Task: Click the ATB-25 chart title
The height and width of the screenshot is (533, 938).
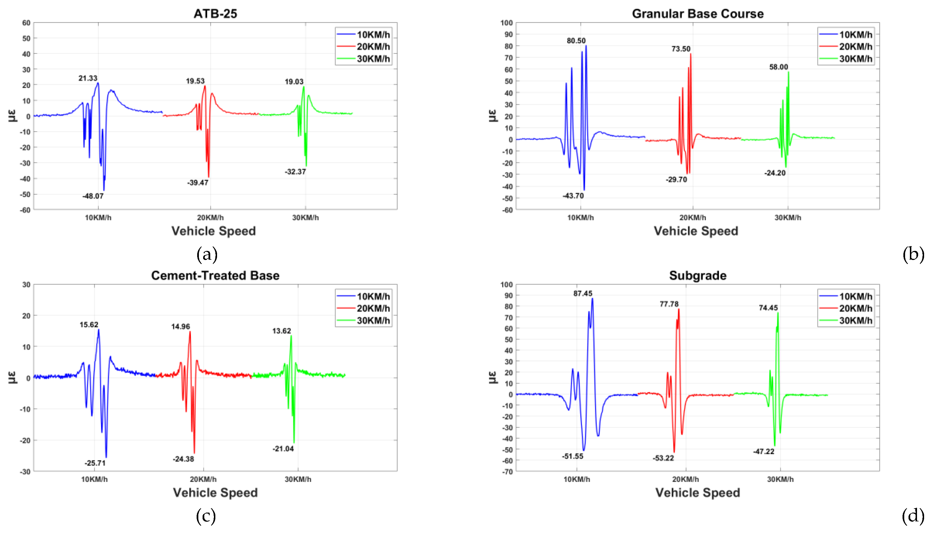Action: point(215,14)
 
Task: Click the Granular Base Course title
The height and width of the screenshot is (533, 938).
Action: point(697,14)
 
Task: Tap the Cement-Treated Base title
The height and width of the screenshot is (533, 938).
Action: point(215,275)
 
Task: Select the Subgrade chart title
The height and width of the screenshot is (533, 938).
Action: point(697,275)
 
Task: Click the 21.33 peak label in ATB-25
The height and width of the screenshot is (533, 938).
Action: point(88,78)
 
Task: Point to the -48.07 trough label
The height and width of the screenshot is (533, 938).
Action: point(93,196)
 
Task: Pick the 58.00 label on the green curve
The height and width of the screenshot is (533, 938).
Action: point(778,67)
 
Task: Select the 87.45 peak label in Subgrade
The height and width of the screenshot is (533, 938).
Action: point(582,294)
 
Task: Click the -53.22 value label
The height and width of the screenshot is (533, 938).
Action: point(663,458)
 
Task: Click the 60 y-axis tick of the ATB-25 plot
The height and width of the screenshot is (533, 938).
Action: point(26,23)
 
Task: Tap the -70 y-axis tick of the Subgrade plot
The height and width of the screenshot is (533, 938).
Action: point(508,472)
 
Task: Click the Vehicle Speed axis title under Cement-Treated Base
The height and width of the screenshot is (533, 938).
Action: point(215,492)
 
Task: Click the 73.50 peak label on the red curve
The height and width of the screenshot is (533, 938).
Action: point(680,49)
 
